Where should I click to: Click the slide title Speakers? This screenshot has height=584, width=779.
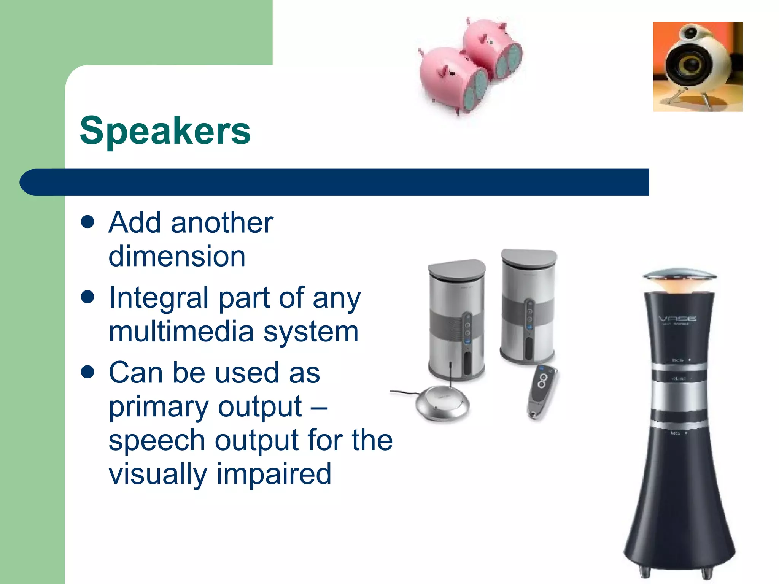[x=165, y=130]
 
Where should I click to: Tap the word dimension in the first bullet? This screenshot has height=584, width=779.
[x=177, y=256]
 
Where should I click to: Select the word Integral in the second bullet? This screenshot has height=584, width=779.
[x=158, y=298]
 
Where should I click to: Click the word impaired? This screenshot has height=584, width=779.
[x=274, y=474]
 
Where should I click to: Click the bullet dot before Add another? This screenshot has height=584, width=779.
[x=87, y=222]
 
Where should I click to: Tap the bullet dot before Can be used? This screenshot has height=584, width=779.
[x=87, y=372]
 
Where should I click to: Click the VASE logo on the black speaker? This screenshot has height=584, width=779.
[x=677, y=319]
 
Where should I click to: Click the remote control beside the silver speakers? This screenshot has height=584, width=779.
[x=542, y=392]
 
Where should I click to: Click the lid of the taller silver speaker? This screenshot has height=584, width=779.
[x=529, y=257]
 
